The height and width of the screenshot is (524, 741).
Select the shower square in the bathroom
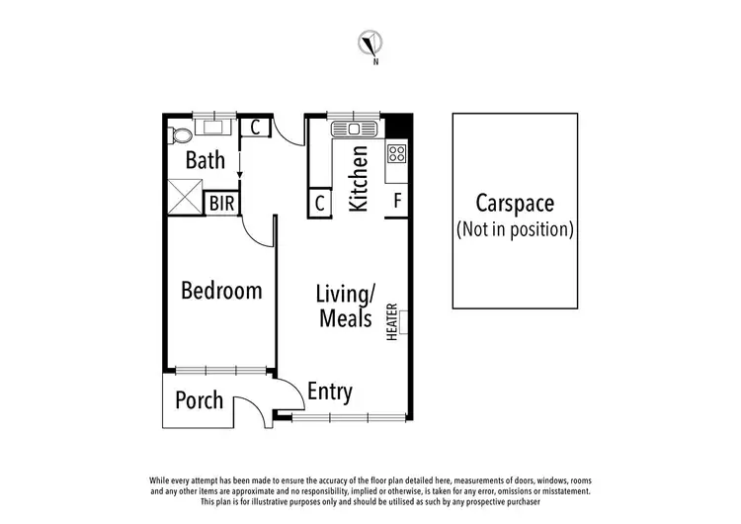coord(184,195)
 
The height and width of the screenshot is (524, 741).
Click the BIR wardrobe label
coord(221,204)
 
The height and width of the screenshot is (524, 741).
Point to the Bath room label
coord(205,160)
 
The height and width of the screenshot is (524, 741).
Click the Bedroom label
coord(221,291)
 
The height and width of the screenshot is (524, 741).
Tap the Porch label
coord(199,400)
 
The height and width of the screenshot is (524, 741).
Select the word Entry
coord(329,392)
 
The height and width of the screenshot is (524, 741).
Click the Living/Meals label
coord(344,306)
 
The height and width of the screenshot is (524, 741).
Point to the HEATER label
coord(392,322)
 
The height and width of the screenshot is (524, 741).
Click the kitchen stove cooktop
coord(396,153)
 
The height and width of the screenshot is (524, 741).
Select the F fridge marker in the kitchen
coord(397,202)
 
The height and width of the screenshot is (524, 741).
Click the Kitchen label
coord(359,179)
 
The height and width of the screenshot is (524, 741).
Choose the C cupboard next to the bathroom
coord(254,127)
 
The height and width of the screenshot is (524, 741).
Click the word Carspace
coord(515,205)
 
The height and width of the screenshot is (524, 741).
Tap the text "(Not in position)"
coord(515,229)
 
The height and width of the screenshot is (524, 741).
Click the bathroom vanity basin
coord(211,126)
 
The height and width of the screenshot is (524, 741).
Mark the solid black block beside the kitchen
coord(397,127)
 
